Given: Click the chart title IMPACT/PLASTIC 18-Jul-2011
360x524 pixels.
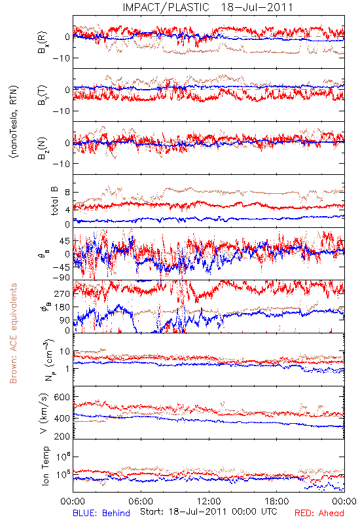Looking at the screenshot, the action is pyautogui.click(x=207, y=7).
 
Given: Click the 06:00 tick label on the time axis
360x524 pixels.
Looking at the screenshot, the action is pyautogui.click(x=141, y=501).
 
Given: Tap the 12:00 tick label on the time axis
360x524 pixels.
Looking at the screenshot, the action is pyautogui.click(x=209, y=501).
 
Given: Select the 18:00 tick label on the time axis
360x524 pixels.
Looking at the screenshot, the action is pyautogui.click(x=277, y=501).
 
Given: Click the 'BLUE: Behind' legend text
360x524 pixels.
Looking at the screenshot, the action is pyautogui.click(x=101, y=513).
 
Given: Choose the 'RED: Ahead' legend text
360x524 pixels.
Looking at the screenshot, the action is pyautogui.click(x=319, y=513).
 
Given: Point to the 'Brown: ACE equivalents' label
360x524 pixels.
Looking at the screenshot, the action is pyautogui.click(x=13, y=333).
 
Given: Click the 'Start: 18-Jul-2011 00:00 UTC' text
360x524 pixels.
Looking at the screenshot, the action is pyautogui.click(x=209, y=512).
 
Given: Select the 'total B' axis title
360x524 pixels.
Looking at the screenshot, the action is pyautogui.click(x=54, y=200).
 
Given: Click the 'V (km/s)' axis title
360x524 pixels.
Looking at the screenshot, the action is pyautogui.click(x=44, y=413).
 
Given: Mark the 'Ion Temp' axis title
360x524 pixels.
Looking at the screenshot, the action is pyautogui.click(x=45, y=465).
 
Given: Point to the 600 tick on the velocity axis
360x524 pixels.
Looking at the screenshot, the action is pyautogui.click(x=62, y=397).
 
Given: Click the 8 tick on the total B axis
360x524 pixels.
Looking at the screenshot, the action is pyautogui.click(x=67, y=193).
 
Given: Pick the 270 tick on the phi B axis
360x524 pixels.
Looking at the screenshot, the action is pyautogui.click(x=62, y=293).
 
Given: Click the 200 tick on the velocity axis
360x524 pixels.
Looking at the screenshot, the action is pyautogui.click(x=62, y=436).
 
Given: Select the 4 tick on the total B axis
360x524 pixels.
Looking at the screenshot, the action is pyautogui.click(x=67, y=210).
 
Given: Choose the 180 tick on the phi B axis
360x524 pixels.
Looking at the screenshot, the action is pyautogui.click(x=62, y=307).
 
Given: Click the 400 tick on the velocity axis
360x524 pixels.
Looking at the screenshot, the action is pyautogui.click(x=62, y=418).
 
